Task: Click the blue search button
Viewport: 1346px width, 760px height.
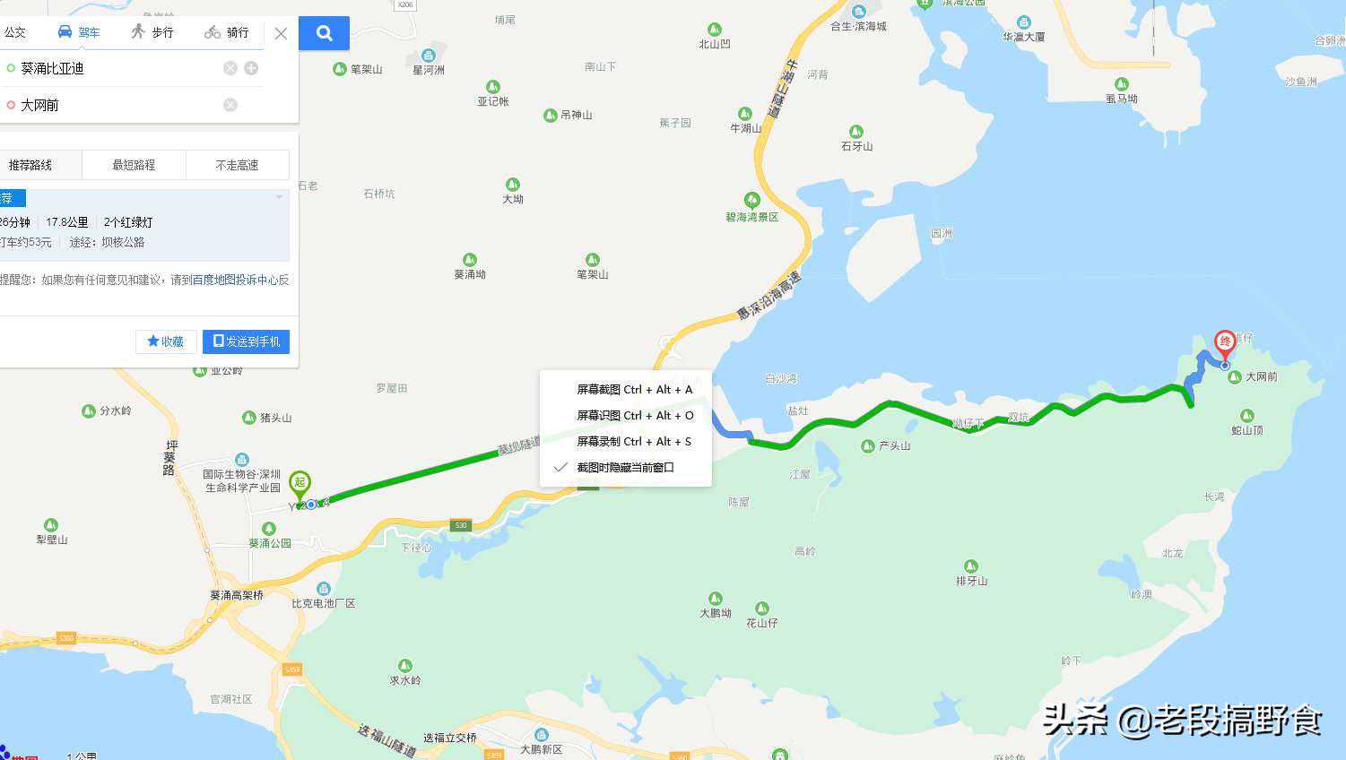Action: pos(324,33)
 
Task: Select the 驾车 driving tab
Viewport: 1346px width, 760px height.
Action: pos(79,32)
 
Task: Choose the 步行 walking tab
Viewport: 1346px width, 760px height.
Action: pos(152,32)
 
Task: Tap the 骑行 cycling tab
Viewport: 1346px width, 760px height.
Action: pos(227,32)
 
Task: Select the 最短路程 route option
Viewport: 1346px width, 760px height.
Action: pos(134,165)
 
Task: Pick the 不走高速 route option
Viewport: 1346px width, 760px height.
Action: pos(237,165)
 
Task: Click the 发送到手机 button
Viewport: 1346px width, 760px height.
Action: pos(246,341)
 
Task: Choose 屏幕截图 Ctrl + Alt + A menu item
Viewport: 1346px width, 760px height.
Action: pos(634,390)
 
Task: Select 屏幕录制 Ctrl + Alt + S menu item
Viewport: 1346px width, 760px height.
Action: pos(633,441)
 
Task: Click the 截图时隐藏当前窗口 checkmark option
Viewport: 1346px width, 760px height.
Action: pos(624,467)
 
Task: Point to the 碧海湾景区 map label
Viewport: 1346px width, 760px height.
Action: pos(752,217)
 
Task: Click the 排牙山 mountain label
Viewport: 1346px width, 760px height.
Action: pos(971,581)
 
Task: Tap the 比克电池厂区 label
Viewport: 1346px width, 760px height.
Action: pos(324,603)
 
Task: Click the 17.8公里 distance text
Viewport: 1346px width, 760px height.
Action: pos(67,222)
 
